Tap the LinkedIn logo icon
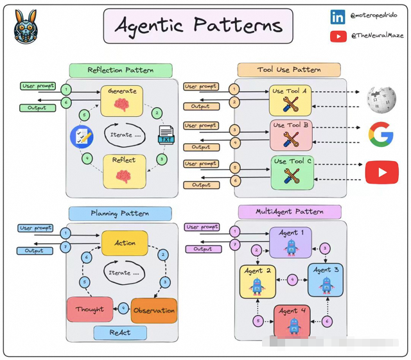[338, 17]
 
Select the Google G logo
[381, 134]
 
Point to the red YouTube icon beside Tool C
[381, 172]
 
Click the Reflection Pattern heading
[120, 70]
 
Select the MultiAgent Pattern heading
[290, 212]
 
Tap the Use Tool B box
[291, 134]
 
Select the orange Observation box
[153, 311]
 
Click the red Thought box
[90, 309]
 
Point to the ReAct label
[120, 332]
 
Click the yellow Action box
[125, 243]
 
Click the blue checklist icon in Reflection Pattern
[82, 135]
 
